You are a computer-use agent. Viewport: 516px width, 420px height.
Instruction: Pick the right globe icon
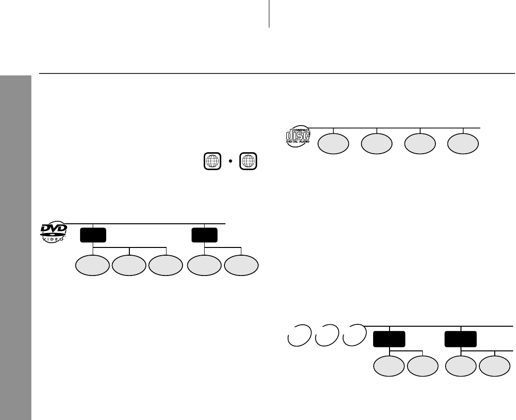tap(248, 161)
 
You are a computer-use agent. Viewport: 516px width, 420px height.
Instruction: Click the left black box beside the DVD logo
tap(93, 235)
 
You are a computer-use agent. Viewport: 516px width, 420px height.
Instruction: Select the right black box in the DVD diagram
tap(204, 235)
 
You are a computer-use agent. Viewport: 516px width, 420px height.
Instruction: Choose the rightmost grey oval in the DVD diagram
tap(242, 266)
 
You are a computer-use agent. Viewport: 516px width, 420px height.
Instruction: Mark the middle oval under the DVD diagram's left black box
tap(129, 266)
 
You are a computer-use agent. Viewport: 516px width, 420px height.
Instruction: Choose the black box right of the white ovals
tap(389, 339)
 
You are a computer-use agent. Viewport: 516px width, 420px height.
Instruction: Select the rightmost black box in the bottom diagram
tap(461, 339)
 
